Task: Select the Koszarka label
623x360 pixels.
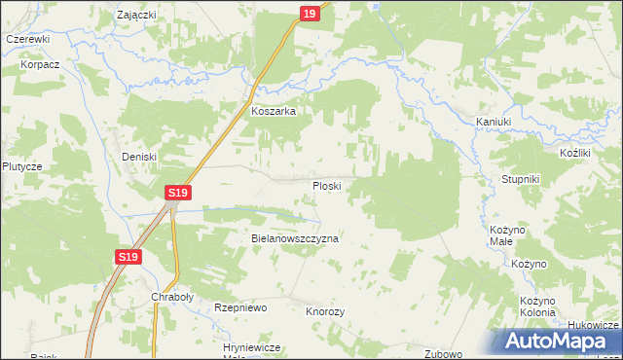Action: tap(274, 112)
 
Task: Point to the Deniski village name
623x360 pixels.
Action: tap(138, 157)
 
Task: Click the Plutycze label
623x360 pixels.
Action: tap(21, 166)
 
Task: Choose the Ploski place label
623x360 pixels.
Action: tap(325, 185)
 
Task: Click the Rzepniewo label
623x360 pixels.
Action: tap(240, 307)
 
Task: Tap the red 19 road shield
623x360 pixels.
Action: tap(309, 13)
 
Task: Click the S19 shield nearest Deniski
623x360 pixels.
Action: tap(176, 194)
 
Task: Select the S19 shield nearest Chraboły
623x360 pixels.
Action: tap(128, 257)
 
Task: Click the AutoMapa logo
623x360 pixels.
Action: tap(559, 341)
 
